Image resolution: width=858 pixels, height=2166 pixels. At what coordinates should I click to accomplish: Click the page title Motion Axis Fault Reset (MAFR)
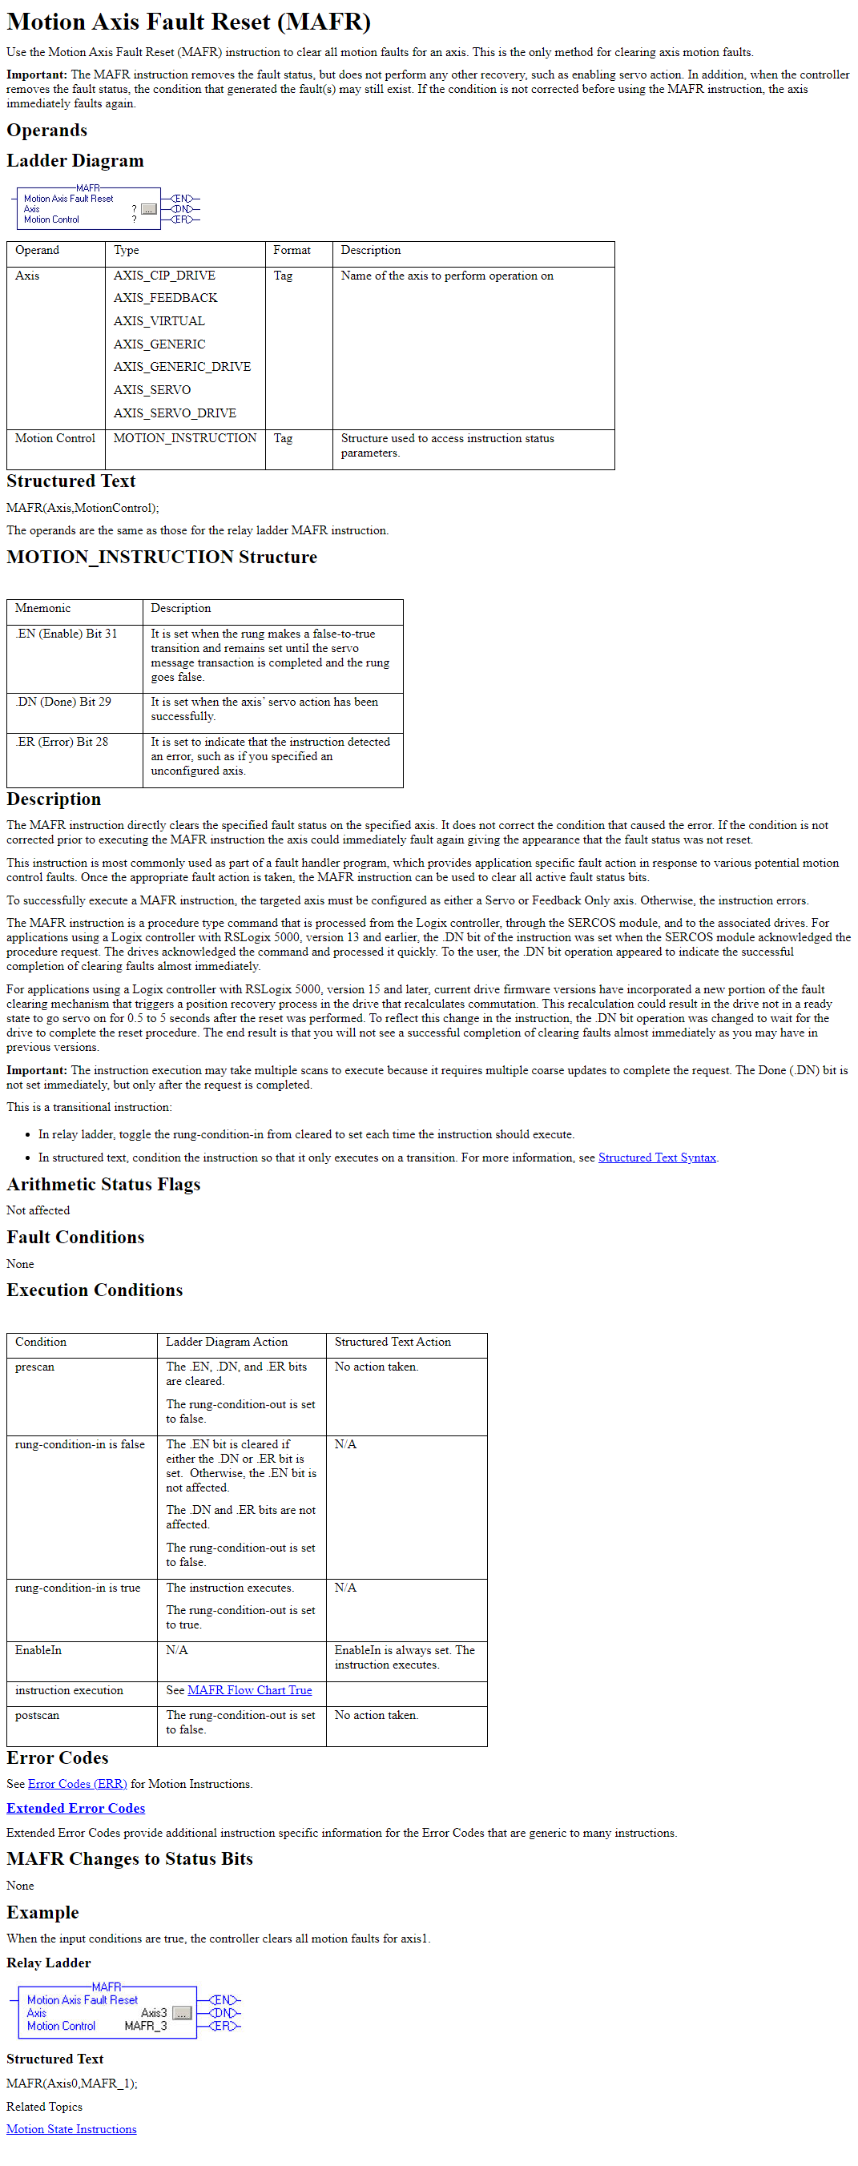pos(188,22)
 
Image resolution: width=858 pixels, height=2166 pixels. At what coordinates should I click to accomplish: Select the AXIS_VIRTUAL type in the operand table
pos(159,321)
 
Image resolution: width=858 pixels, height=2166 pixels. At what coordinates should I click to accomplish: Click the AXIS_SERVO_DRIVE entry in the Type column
pos(175,413)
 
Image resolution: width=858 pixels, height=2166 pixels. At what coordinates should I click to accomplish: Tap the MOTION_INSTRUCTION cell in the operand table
pos(185,438)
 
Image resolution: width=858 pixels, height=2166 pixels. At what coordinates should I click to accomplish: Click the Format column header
pos(292,251)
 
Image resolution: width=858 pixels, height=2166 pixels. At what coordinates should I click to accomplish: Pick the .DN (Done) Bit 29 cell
pos(63,702)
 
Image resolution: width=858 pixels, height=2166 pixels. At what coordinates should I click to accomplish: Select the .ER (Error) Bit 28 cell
pos(62,743)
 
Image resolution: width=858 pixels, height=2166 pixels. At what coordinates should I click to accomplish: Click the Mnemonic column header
pos(43,609)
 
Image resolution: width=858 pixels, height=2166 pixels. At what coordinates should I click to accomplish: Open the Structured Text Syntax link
pos(657,1157)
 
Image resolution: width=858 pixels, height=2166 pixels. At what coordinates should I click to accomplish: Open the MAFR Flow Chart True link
pos(250,1690)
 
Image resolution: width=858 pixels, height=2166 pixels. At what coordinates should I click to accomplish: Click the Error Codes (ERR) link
pos(78,1783)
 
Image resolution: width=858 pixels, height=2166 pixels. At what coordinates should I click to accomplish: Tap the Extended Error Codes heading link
pos(75,1808)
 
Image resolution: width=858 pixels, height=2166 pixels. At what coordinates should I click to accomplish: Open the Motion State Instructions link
pos(71,2129)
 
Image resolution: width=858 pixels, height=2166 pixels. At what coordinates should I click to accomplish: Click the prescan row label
pos(34,1367)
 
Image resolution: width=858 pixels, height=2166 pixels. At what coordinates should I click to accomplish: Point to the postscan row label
pos(37,1715)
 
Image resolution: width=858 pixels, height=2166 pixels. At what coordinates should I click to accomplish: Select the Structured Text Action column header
pos(393,1342)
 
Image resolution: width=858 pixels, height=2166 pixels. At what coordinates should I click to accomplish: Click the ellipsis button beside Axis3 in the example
pos(182,2013)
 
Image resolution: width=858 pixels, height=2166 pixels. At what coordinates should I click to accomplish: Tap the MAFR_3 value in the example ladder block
pos(146,2026)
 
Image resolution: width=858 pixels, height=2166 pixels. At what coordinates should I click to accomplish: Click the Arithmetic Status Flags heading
pos(103,1185)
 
